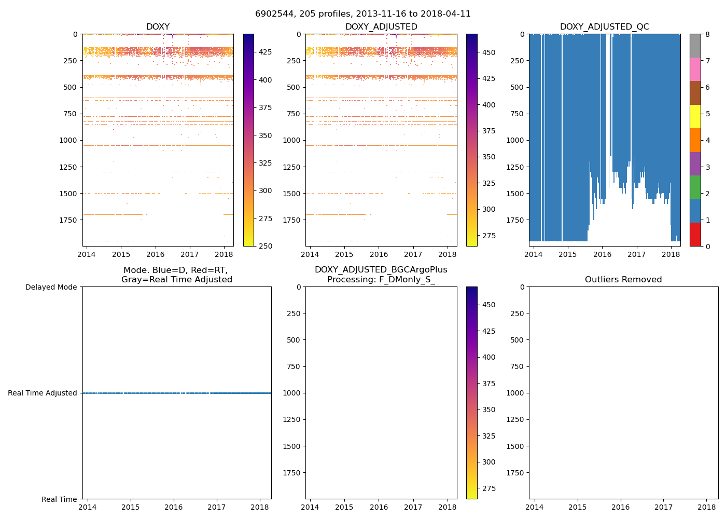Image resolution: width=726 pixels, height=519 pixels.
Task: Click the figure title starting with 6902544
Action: (362, 14)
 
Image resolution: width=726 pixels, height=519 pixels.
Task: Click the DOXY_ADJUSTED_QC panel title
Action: (604, 26)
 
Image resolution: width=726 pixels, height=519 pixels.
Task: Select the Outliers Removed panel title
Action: (623, 280)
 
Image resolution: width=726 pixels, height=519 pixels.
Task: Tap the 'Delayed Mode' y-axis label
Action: (51, 287)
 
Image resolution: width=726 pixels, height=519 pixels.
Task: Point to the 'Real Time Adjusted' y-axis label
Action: (43, 393)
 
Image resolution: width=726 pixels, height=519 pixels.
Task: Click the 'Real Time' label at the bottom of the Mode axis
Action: (59, 499)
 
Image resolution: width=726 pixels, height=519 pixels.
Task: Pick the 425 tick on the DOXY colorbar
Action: (266, 52)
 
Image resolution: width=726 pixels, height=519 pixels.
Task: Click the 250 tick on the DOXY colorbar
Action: (266, 246)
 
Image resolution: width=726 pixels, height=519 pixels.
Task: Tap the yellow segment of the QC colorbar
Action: (695, 116)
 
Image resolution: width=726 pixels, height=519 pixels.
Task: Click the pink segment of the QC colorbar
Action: (695, 69)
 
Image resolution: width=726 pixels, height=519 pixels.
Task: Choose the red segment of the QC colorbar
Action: (695, 234)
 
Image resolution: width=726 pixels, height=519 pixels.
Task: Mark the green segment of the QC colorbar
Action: (695, 187)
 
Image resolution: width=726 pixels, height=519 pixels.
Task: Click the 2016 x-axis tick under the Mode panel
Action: (173, 507)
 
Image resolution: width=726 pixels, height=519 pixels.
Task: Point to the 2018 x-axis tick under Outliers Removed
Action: (706, 507)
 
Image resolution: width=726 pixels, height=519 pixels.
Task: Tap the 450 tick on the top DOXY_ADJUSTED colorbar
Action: (488, 52)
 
